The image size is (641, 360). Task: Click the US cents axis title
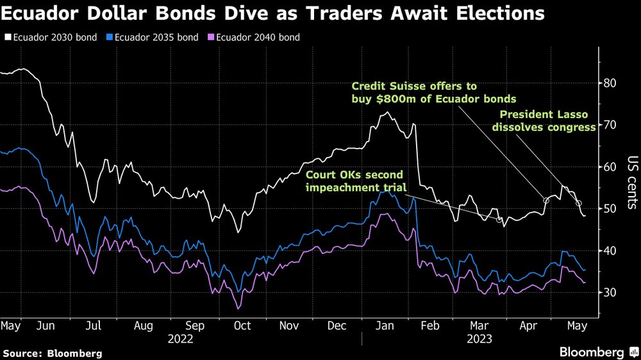632,183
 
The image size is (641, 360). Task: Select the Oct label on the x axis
242,326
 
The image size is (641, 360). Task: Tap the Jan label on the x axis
385,326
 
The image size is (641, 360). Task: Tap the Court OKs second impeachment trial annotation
354,181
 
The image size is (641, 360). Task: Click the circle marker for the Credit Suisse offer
546,200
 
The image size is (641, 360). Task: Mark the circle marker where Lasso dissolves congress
579,204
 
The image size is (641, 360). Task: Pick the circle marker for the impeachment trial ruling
499,220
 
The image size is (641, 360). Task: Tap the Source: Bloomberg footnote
52,353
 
